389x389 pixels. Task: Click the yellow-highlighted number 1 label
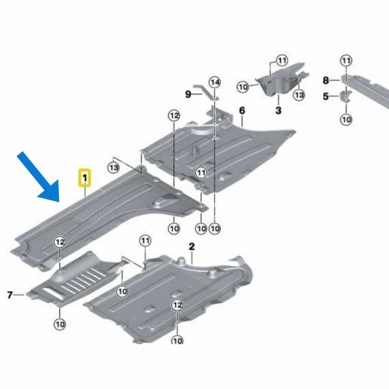click(85, 178)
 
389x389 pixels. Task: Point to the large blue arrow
click(41, 179)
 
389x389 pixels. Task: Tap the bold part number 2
click(192, 247)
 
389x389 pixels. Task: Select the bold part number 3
click(279, 110)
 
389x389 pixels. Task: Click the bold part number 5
click(326, 96)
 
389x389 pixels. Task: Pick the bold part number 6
click(242, 110)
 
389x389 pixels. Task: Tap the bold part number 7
click(10, 295)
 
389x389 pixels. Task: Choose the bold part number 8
click(326, 80)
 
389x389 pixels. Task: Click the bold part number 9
click(188, 94)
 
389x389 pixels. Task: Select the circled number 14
click(215, 82)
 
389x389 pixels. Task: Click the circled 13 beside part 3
click(299, 95)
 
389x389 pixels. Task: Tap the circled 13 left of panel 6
click(113, 168)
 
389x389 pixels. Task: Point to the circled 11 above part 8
click(346, 61)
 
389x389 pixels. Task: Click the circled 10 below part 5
click(346, 120)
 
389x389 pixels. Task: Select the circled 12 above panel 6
click(174, 115)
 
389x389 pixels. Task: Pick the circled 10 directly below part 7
click(60, 324)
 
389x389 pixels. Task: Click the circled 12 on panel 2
click(177, 305)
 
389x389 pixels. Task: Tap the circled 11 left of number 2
click(145, 241)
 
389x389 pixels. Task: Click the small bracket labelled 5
click(346, 97)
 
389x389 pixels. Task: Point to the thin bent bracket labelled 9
click(206, 92)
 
